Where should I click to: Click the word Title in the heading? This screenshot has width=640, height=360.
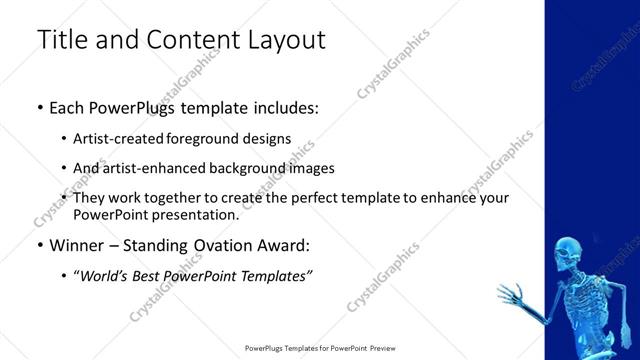point(61,41)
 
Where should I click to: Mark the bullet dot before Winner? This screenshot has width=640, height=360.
point(39,245)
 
